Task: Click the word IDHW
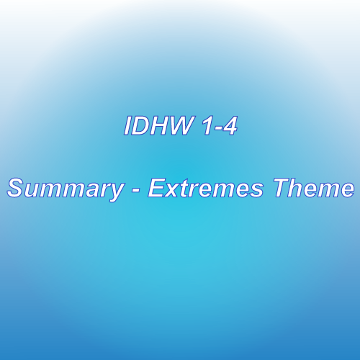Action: click(158, 126)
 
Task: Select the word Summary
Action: click(66, 189)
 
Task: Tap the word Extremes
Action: click(205, 188)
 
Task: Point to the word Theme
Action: click(314, 188)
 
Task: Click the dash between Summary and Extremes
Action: click(136, 190)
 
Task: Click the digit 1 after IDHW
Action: click(205, 126)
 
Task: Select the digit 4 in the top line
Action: click(230, 126)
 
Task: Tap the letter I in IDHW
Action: click(127, 126)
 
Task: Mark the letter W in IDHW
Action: click(181, 126)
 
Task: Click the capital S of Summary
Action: click(17, 188)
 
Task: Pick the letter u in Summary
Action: click(35, 191)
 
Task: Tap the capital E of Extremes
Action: click(158, 188)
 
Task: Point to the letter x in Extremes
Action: click(175, 191)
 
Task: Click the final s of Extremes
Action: click(256, 191)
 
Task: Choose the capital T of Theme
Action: click(284, 188)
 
